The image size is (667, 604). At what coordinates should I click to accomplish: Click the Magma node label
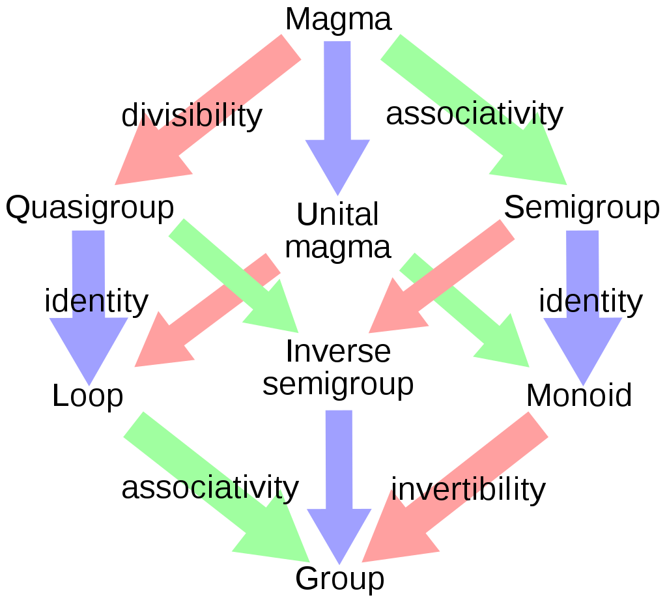tap(338, 19)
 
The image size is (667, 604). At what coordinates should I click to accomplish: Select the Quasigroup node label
tap(90, 209)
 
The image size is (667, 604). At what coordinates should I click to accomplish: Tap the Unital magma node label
tap(338, 230)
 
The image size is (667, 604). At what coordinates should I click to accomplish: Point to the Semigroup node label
tap(582, 209)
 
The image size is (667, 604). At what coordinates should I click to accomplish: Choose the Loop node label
tap(88, 395)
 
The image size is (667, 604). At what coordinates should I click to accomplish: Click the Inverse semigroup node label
tap(338, 367)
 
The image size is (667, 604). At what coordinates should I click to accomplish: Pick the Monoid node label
tap(579, 395)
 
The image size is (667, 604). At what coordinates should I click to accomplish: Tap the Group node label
tap(340, 579)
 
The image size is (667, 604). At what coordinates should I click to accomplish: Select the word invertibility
tap(468, 489)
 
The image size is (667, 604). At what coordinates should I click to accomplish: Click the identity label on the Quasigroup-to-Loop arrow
tap(96, 302)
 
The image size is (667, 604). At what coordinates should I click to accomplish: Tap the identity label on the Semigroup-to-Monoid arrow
tap(591, 302)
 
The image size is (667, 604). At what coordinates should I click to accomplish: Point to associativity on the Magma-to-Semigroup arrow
tap(475, 114)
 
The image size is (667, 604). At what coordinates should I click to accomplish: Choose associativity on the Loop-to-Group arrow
tap(210, 488)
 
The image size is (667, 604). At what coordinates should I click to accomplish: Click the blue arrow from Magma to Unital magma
tap(338, 119)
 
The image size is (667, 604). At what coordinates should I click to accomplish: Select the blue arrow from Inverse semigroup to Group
tap(339, 487)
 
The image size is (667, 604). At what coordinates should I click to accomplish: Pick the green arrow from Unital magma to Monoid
tap(464, 310)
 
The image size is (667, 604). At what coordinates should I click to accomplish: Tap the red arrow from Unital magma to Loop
tap(207, 310)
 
